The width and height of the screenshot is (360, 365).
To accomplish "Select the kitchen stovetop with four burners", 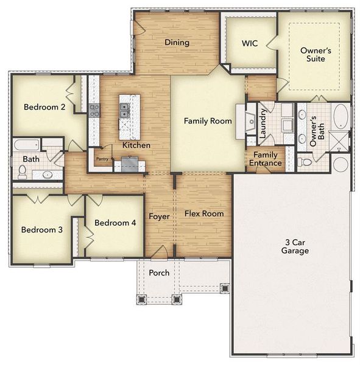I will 94,110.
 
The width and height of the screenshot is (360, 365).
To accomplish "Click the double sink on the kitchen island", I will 125,110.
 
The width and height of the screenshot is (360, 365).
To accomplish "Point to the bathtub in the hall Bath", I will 26,145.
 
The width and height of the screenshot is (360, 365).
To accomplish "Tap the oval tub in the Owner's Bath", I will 341,116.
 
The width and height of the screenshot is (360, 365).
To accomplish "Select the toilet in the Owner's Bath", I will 305,162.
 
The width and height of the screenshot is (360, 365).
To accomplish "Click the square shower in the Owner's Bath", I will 339,141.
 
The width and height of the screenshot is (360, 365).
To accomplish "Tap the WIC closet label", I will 250,43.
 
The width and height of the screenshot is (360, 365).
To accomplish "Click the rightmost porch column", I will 224,287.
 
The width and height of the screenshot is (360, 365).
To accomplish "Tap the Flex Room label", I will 204,214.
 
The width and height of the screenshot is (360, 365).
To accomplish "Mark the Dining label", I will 177,43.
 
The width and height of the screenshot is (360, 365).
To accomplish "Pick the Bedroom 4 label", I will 115,223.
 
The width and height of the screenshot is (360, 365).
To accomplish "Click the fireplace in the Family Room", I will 250,121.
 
